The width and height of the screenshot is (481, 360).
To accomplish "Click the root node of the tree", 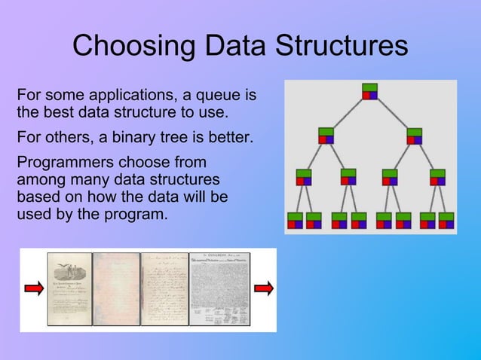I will (x=369, y=91).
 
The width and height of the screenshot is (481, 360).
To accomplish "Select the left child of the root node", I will (x=326, y=136).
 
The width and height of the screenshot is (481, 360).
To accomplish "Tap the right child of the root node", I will (x=414, y=136).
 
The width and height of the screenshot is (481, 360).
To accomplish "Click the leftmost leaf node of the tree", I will (x=294, y=220).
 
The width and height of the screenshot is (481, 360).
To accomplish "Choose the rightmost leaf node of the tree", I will (x=446, y=220).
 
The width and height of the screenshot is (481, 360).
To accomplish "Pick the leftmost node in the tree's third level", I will (x=304, y=177).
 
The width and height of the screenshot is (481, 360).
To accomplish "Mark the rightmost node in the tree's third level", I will (x=437, y=177).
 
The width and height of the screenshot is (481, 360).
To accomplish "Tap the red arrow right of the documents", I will (x=263, y=288).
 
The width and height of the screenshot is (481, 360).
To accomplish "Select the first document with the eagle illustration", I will (x=70, y=289).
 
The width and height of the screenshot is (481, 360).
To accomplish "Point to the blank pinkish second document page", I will (x=117, y=289).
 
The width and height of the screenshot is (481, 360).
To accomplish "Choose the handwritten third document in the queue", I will (x=164, y=289).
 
